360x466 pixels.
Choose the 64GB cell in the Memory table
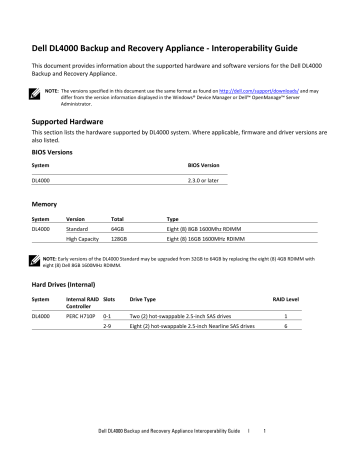(117, 228)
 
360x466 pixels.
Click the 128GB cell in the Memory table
(119, 239)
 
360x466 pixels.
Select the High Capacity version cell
(83, 239)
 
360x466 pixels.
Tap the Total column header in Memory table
(117, 216)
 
